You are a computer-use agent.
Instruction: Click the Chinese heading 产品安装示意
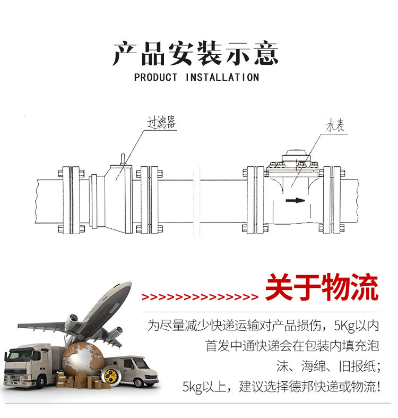(x=196, y=53)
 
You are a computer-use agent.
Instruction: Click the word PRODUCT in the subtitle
(x=155, y=78)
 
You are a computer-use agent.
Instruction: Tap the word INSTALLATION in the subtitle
(x=222, y=78)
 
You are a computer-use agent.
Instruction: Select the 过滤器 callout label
(x=162, y=123)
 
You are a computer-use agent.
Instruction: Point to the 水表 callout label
(x=335, y=125)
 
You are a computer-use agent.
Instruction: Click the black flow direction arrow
(x=295, y=200)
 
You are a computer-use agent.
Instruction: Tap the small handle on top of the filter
(x=123, y=159)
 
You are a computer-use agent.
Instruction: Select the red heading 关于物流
(x=322, y=287)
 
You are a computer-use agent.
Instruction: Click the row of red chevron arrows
(x=200, y=297)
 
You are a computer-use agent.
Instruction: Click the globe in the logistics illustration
(x=83, y=361)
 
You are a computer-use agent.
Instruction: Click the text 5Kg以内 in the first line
(x=356, y=326)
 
